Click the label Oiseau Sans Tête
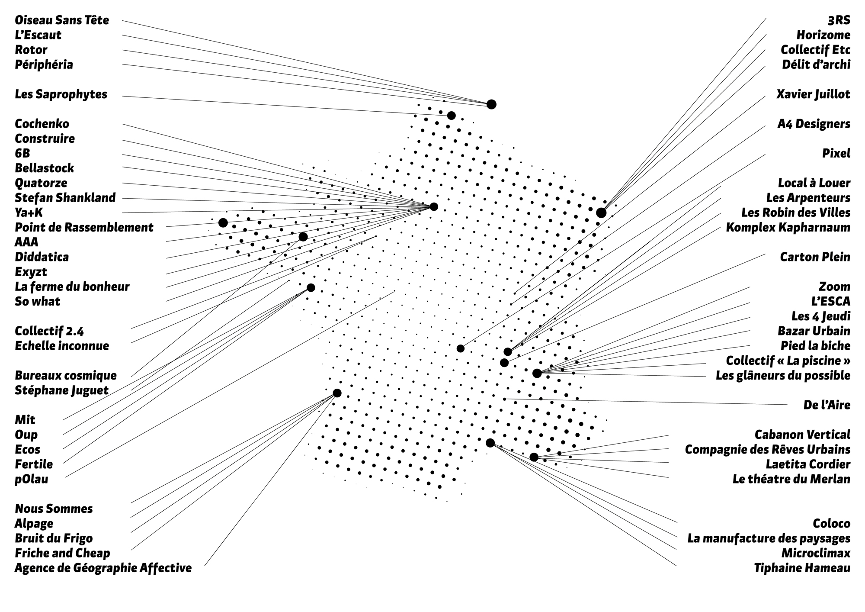[x=62, y=20]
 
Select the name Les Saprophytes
[x=61, y=94]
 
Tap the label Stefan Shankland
[x=65, y=198]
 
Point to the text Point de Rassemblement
[x=84, y=227]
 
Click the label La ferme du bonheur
[x=72, y=287]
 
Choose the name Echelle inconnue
[x=62, y=346]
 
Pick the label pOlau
[x=32, y=479]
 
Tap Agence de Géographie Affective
[x=103, y=568]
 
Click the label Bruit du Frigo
[x=54, y=538]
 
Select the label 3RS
[x=839, y=20]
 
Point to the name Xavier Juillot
[x=813, y=94]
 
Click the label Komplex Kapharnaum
[x=788, y=227]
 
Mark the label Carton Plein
[x=815, y=257]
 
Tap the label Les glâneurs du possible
[x=783, y=375]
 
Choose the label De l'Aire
[x=827, y=405]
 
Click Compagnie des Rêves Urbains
[x=767, y=450]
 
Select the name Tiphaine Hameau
[x=802, y=568]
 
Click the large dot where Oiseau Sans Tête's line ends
[x=491, y=104]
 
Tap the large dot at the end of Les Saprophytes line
[x=451, y=116]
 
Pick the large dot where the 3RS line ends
[x=601, y=213]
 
